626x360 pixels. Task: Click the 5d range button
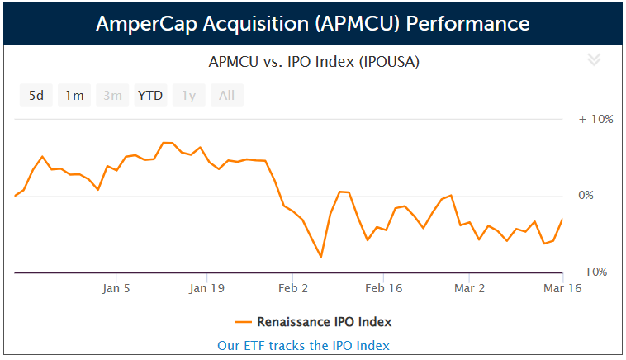click(36, 96)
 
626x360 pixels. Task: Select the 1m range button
click(74, 96)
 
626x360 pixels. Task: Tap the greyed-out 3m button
click(112, 96)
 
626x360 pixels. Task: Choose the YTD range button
click(150, 96)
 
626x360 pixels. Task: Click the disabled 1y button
click(188, 96)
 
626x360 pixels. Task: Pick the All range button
click(226, 96)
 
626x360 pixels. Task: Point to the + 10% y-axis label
click(595, 119)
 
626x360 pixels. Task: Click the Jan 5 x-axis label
click(116, 289)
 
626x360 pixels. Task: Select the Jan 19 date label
click(206, 289)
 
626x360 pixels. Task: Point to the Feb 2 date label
click(294, 289)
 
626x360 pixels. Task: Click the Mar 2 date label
click(470, 289)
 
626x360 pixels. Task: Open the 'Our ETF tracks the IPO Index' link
click(303, 345)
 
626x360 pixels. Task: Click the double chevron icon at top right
click(593, 59)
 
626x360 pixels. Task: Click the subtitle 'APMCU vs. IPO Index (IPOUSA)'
click(303, 62)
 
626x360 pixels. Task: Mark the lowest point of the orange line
click(320, 257)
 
